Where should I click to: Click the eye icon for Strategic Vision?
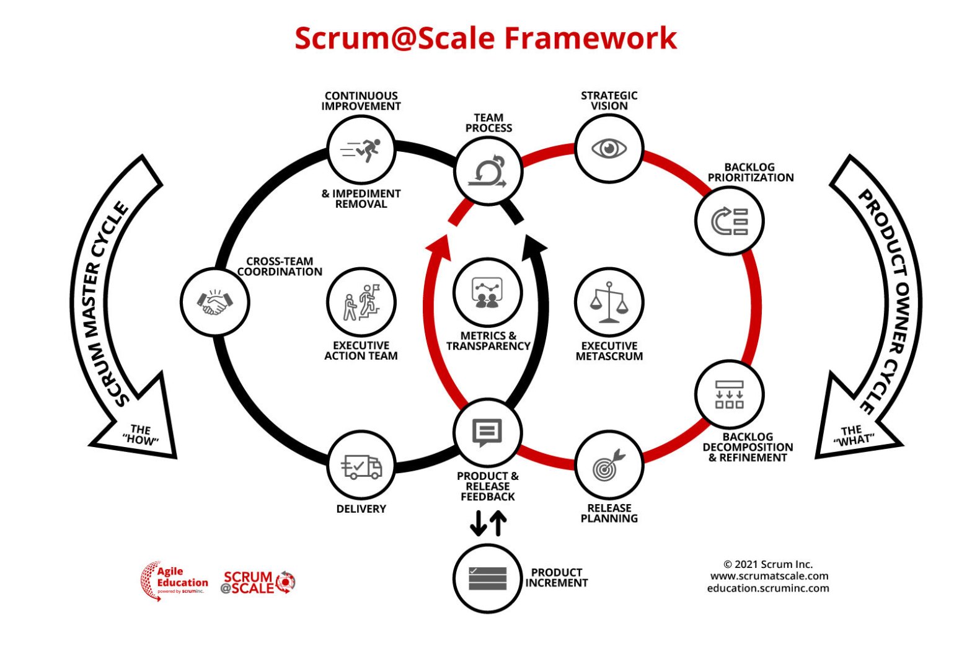[x=609, y=149]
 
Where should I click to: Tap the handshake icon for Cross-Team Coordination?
[x=214, y=303]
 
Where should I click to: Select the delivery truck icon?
[x=361, y=466]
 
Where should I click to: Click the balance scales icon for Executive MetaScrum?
[x=609, y=303]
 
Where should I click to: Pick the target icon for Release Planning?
[x=609, y=466]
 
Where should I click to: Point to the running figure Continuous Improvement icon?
[x=361, y=149]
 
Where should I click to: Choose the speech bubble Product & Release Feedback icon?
[x=487, y=432]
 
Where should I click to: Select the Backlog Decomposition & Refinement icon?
[x=729, y=395]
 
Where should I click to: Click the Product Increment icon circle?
[x=487, y=578]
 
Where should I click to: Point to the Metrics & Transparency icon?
[x=487, y=292]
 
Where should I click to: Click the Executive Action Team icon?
[x=361, y=303]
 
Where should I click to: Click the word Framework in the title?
[x=590, y=38]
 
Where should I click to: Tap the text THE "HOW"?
[x=141, y=435]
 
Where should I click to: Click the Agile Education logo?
[x=174, y=581]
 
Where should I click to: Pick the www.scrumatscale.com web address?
[x=769, y=576]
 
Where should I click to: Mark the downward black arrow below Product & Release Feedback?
[x=478, y=523]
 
